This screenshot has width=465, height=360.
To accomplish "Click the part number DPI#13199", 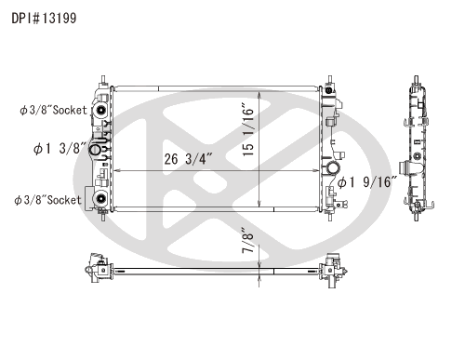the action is (44, 18).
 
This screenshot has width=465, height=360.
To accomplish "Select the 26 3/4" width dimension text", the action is (188, 159).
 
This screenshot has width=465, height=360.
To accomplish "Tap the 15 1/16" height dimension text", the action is (248, 129).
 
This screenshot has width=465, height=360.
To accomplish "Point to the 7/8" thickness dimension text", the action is (247, 240).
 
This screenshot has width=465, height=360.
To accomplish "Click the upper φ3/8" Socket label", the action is (53, 110).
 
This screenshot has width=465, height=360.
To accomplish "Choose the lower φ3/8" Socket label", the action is (47, 200).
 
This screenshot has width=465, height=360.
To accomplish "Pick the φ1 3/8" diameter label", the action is (60, 149).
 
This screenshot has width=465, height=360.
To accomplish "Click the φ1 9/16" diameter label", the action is (367, 182).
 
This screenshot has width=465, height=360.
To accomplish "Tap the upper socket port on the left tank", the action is (100, 110).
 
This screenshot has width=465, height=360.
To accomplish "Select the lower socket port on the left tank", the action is (100, 198).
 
